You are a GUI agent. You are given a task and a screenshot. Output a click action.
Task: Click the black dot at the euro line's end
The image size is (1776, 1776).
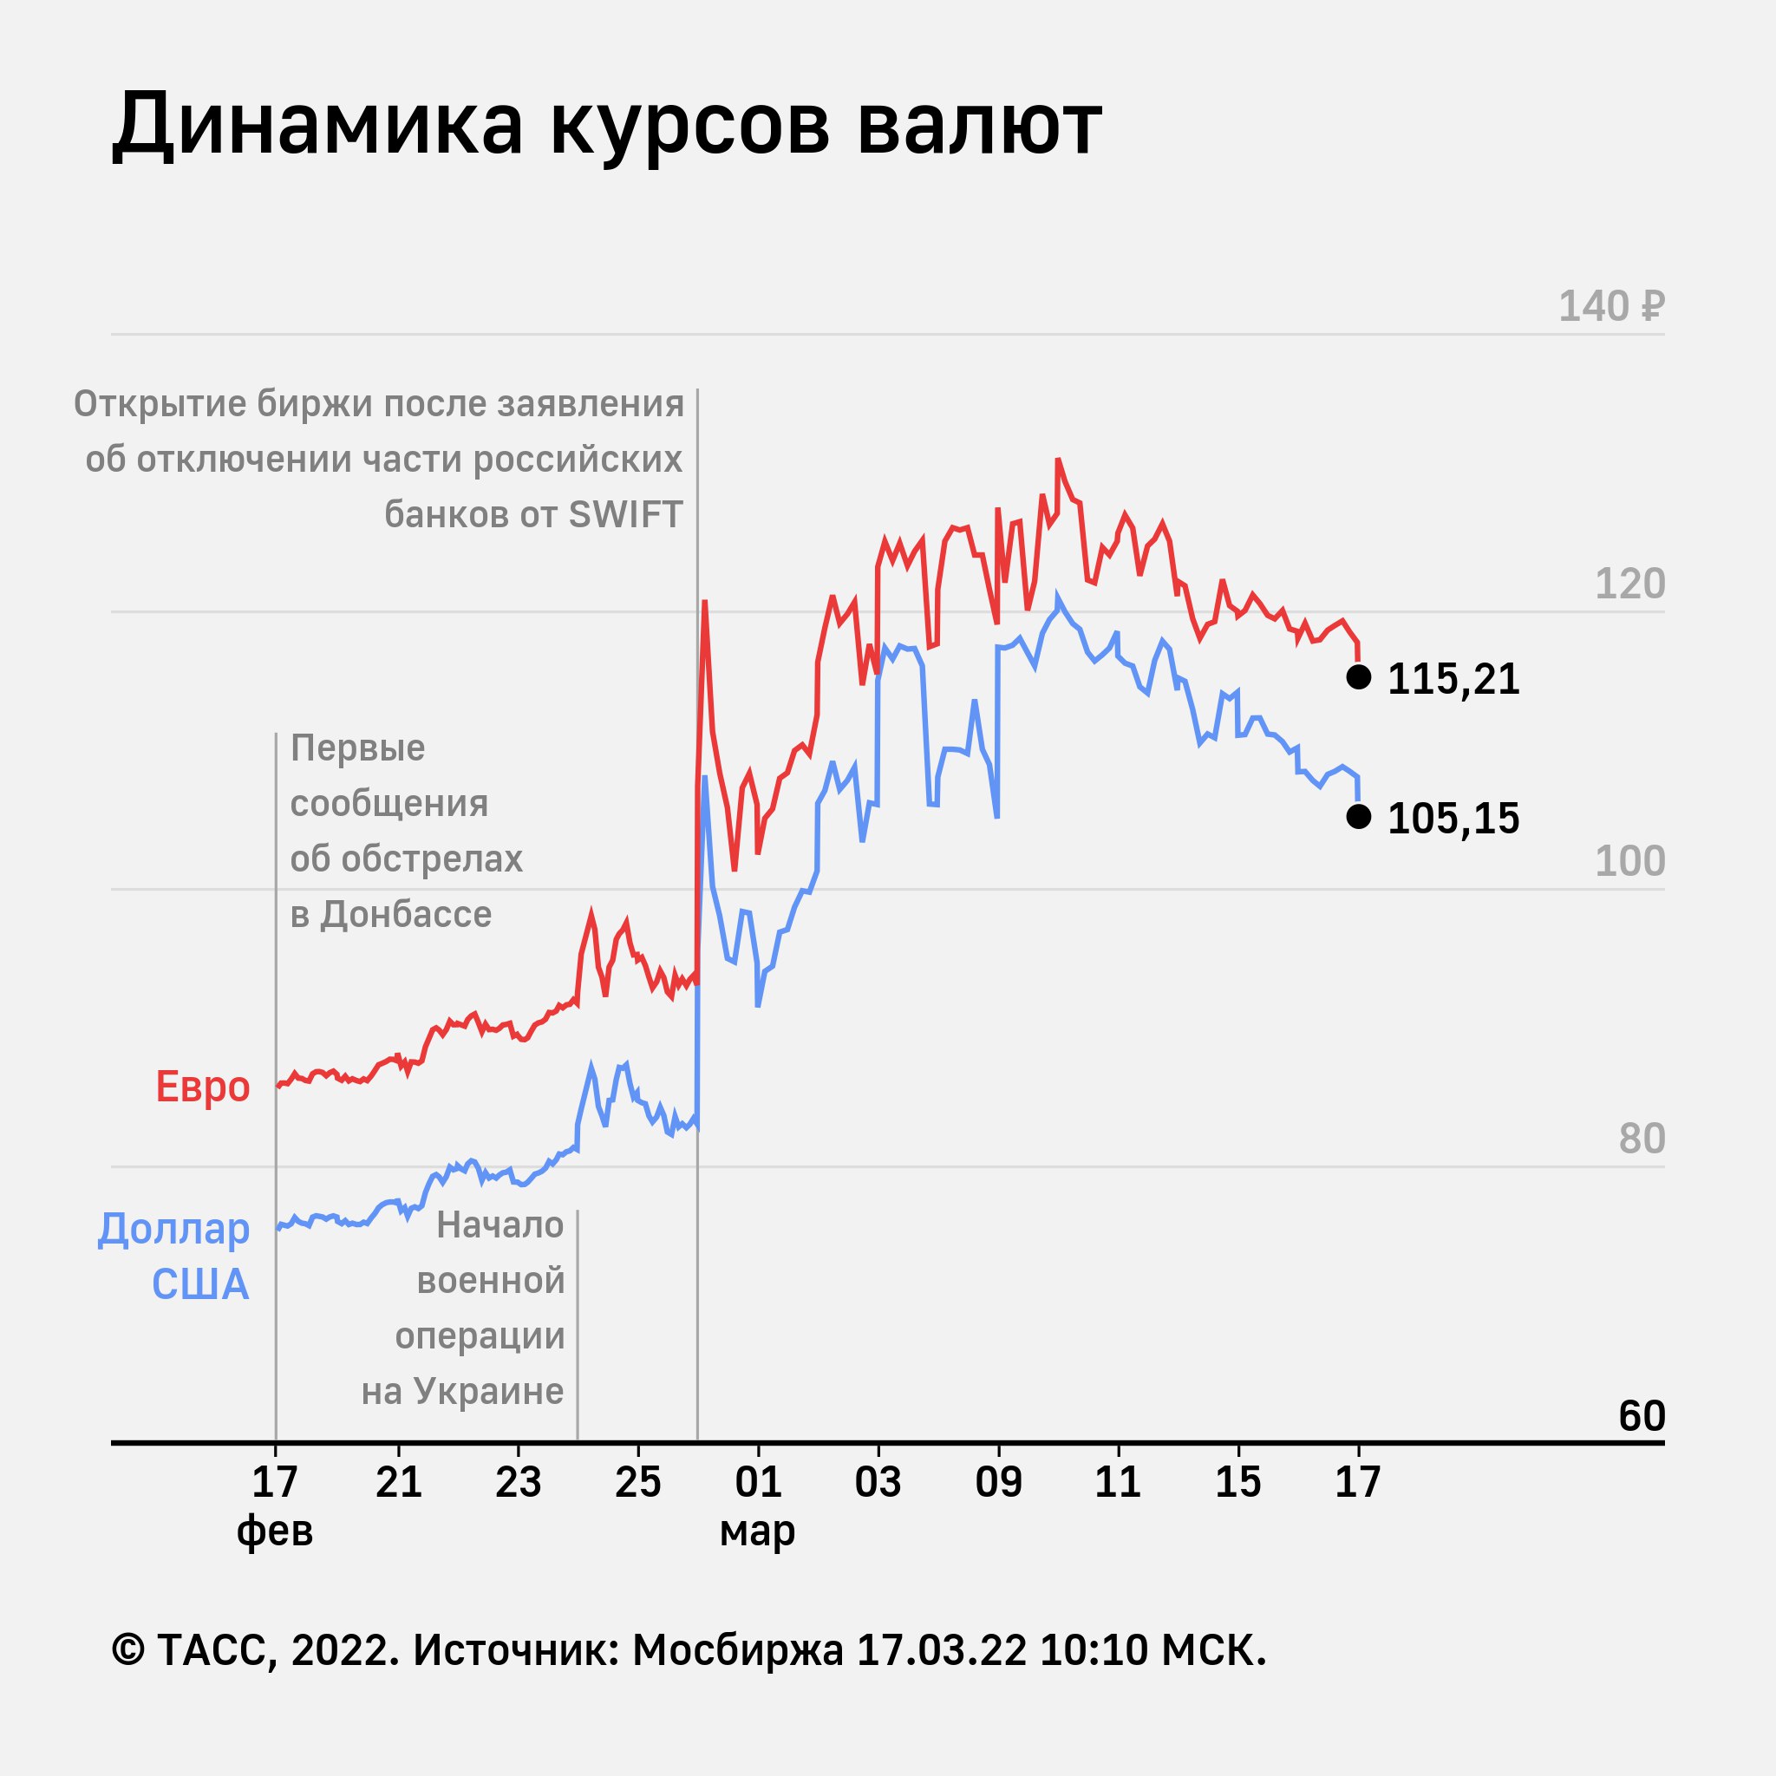(x=1359, y=676)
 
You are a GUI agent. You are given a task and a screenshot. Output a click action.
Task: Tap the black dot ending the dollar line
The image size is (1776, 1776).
(x=1359, y=816)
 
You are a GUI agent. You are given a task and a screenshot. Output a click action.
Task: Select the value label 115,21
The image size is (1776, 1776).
(x=1453, y=679)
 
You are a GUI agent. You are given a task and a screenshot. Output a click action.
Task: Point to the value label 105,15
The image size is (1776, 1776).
(x=1453, y=819)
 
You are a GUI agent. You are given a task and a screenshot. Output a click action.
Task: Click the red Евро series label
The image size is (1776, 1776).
(x=202, y=1087)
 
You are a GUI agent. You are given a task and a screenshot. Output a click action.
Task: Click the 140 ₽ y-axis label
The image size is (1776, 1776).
(x=1610, y=306)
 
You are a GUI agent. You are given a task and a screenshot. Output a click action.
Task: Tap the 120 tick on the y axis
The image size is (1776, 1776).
(x=1629, y=584)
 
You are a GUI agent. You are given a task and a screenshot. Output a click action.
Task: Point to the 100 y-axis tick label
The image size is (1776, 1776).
(x=1629, y=861)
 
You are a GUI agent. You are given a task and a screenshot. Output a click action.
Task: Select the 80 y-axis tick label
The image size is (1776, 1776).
(x=1642, y=1139)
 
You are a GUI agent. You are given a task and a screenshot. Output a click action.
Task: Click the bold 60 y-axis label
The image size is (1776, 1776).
(x=1642, y=1417)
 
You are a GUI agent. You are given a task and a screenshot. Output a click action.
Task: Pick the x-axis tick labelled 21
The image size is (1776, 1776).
(x=399, y=1482)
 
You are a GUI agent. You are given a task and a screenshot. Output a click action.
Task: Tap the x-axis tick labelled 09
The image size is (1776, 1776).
(x=998, y=1482)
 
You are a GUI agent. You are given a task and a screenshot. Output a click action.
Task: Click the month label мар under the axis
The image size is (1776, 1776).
(x=757, y=1531)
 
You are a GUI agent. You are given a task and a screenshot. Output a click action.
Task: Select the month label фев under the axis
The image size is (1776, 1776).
(x=275, y=1531)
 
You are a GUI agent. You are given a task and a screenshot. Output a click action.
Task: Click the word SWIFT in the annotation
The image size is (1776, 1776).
(x=625, y=515)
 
